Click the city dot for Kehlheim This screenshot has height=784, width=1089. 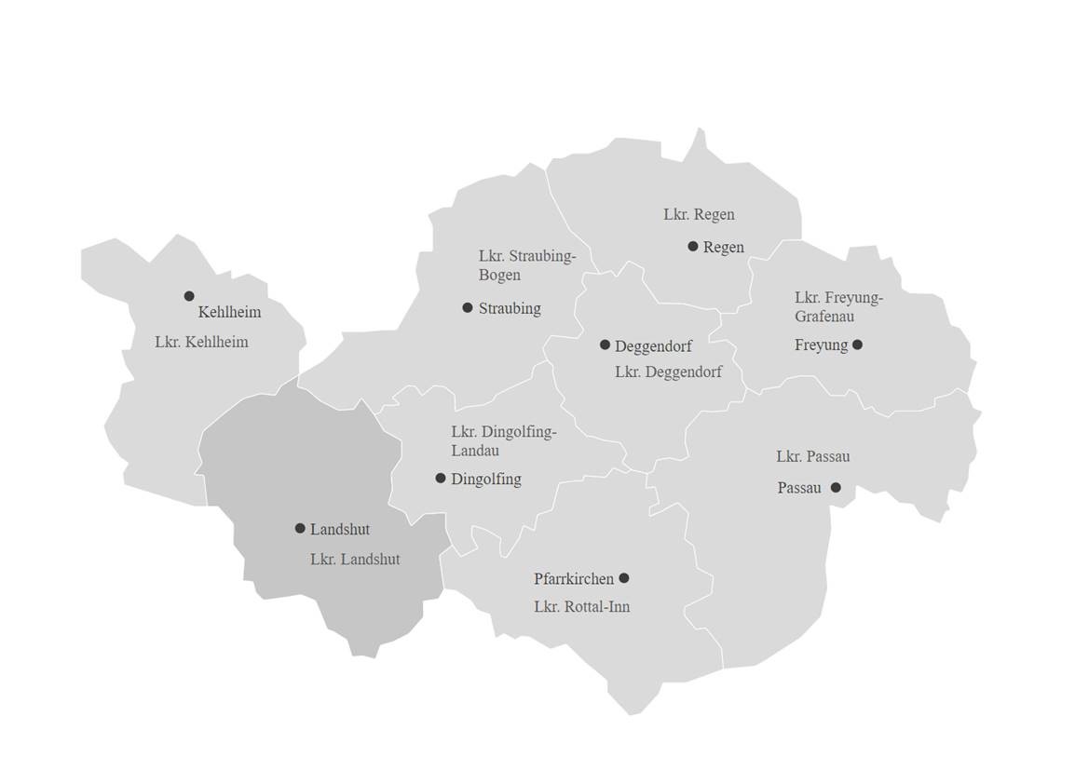tap(189, 296)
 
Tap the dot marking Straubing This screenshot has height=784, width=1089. tap(468, 307)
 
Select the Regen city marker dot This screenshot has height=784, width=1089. tap(693, 246)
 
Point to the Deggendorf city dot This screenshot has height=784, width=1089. tap(605, 345)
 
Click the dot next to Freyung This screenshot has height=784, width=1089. tap(857, 345)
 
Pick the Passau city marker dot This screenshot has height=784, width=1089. tap(836, 487)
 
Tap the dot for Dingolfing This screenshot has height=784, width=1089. tap(441, 478)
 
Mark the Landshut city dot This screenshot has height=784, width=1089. tap(300, 528)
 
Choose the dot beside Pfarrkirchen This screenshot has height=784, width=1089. tap(624, 577)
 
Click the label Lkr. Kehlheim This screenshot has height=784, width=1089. tap(201, 342)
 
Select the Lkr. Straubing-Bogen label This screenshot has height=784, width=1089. tap(527, 265)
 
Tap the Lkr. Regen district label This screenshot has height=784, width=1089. tap(699, 214)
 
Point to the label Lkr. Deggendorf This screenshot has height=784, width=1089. tap(668, 372)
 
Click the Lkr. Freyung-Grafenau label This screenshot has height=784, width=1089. tap(838, 306)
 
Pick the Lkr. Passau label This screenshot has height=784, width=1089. tap(812, 456)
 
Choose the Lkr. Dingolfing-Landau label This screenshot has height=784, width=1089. tap(503, 441)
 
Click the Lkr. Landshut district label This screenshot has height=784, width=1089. tap(355, 560)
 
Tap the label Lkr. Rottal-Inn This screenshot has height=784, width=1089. tap(581, 606)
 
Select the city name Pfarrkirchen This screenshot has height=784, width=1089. tap(574, 578)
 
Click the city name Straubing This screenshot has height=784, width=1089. tap(510, 308)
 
